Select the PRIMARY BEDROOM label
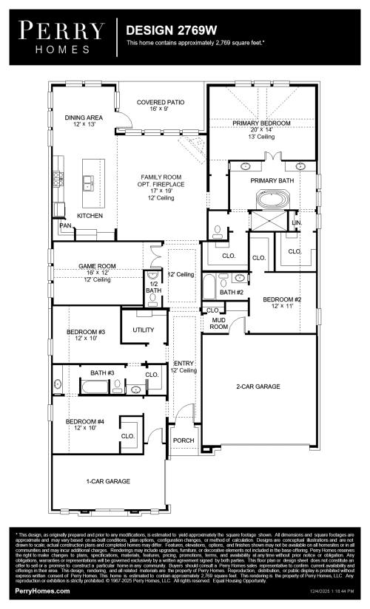click(261, 123)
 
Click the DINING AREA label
click(84, 118)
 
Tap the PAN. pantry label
click(65, 225)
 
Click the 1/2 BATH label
click(154, 287)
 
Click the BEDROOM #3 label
click(86, 333)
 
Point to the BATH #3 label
click(102, 372)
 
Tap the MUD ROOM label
click(218, 323)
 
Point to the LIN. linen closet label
click(297, 222)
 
